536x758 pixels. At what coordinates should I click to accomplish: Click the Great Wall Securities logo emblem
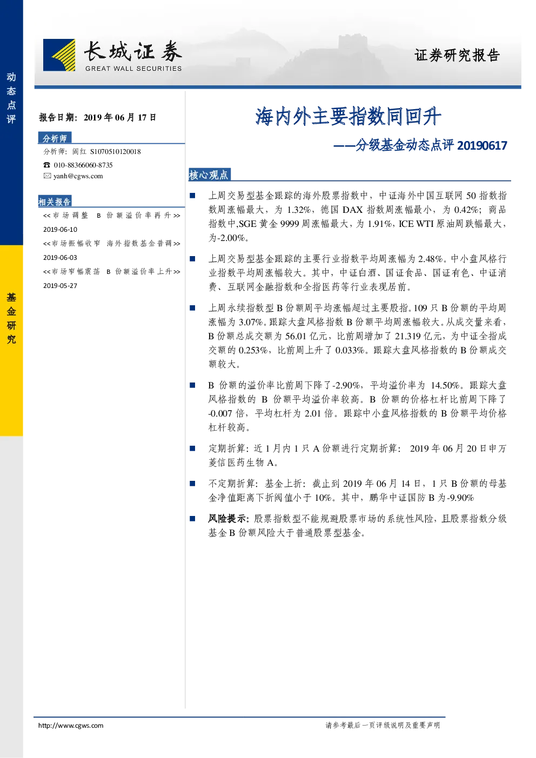coord(59,55)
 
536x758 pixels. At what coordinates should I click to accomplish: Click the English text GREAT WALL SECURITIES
coord(133,69)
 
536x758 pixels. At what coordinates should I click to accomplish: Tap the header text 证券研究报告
coord(457,55)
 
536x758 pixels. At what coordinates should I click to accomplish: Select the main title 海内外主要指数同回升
coord(348,116)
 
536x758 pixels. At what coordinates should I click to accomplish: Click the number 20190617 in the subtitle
coord(482,145)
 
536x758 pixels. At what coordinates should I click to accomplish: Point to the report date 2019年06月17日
coord(120,117)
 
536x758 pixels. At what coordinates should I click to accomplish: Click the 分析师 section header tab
coord(55,138)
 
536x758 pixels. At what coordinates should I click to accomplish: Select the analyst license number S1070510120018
coord(116,152)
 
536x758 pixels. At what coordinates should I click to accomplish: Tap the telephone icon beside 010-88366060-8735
coord(46,165)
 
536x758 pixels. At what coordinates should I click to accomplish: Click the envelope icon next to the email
coord(47,176)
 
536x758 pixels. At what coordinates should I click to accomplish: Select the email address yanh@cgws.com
coord(78,176)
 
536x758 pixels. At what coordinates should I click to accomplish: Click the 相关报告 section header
coord(55,202)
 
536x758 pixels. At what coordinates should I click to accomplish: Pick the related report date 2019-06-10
coord(60,230)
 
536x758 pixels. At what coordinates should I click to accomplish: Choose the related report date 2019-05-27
coord(60,286)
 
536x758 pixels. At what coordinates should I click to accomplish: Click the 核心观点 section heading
coord(209,175)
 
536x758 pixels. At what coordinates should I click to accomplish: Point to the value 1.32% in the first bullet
coord(299,210)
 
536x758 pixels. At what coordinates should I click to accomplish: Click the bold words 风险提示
coord(229,519)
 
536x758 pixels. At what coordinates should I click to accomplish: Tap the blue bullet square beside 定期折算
coord(192,448)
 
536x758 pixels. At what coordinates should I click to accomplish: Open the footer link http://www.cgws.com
coord(71,725)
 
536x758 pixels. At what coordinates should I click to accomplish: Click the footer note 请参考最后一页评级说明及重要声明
coord(383,725)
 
